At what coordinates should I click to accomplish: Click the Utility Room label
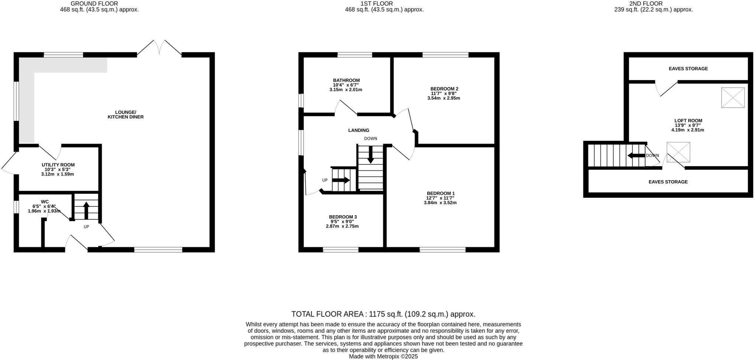point(58,165)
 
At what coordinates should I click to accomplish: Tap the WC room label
point(45,202)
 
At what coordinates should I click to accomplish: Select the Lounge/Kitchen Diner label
point(125,115)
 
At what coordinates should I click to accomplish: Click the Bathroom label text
point(346,80)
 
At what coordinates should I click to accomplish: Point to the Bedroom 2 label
point(444,89)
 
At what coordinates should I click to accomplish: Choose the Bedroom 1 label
point(441,193)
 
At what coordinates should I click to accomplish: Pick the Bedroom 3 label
point(342,217)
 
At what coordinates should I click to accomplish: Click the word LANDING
point(358,130)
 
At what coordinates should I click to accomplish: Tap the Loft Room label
point(688,120)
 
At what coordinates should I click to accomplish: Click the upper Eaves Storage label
point(688,69)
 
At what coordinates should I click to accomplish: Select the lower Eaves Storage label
point(668,182)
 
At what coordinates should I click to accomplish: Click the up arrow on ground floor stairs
point(86,210)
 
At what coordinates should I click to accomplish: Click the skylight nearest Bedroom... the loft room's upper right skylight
point(733,98)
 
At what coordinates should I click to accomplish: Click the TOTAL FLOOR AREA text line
point(383,314)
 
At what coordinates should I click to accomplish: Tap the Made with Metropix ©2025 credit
point(383,357)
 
